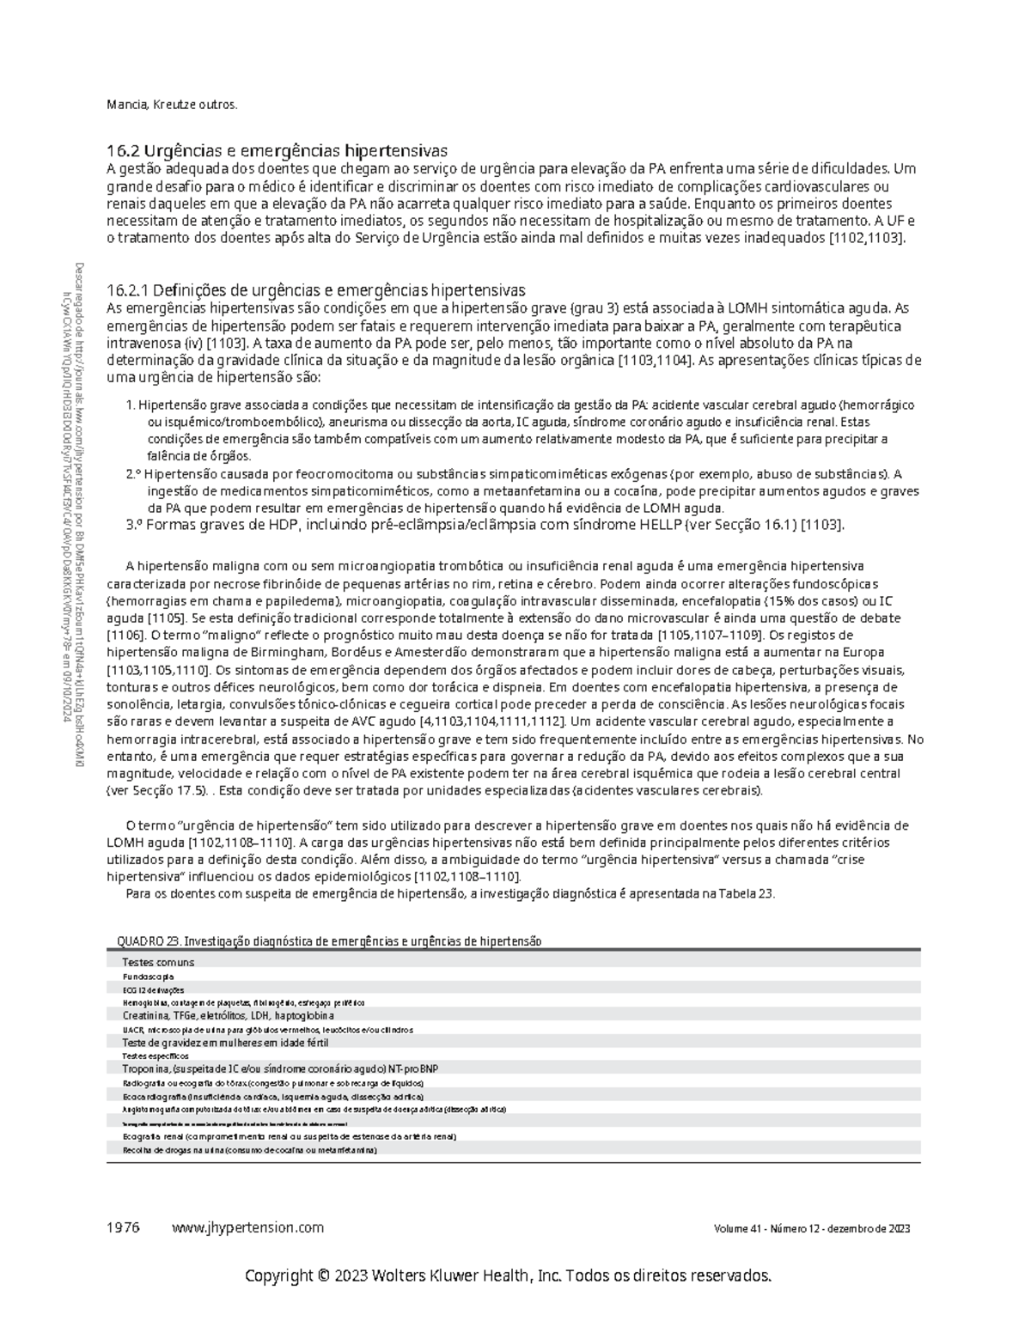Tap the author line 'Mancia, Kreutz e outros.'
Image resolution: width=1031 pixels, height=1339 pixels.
170,105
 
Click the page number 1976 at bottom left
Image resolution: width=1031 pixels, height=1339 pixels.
122,1227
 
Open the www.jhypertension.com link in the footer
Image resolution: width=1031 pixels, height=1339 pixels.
247,1227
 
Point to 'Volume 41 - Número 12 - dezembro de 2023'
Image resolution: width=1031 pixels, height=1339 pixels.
811,1228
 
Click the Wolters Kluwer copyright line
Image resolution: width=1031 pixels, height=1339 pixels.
509,1275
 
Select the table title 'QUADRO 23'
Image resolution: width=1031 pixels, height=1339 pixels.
329,940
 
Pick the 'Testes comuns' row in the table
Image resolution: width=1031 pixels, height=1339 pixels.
158,962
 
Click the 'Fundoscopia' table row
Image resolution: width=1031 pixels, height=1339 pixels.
148,977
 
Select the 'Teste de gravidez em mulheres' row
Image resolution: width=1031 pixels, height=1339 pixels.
225,1043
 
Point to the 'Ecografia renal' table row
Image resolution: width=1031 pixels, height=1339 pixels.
289,1135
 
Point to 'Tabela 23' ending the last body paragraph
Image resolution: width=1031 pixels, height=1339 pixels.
753,893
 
